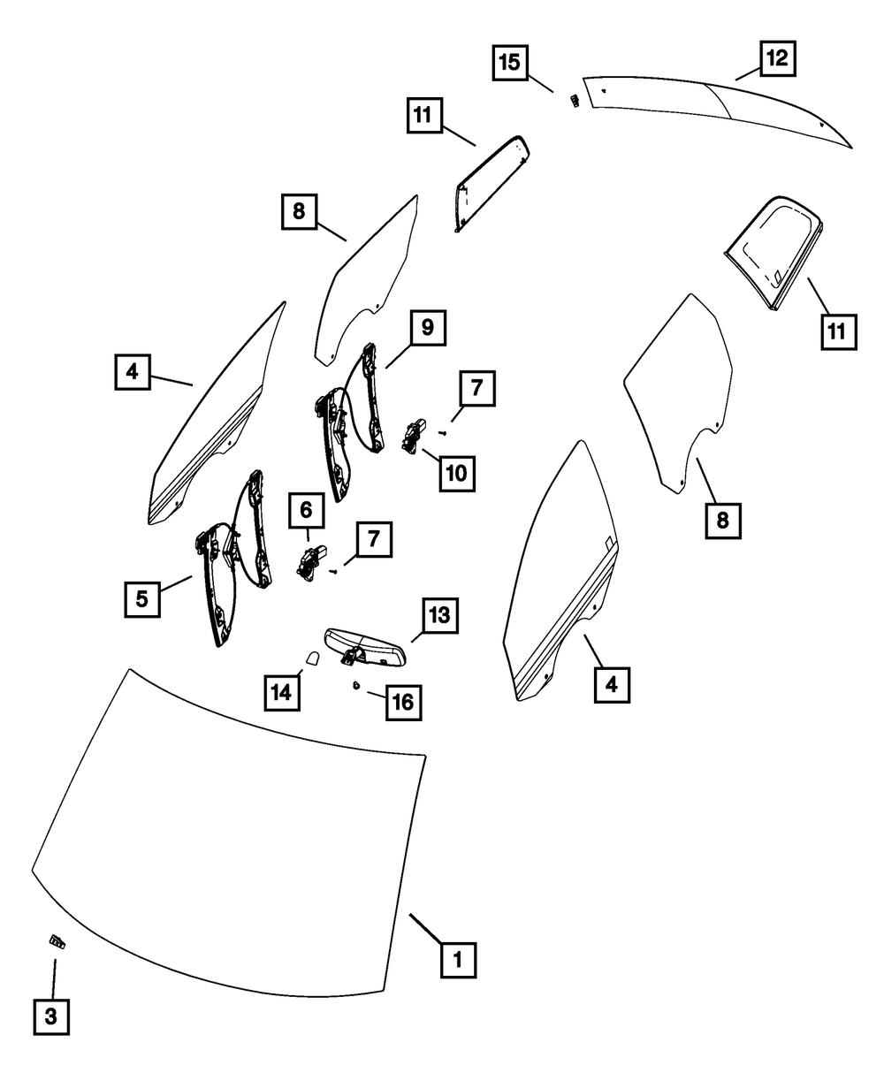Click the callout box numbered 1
click(458, 958)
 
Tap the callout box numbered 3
click(51, 1016)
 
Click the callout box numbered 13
click(439, 615)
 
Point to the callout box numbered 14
click(281, 692)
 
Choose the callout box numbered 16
click(402, 703)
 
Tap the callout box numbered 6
click(306, 510)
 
